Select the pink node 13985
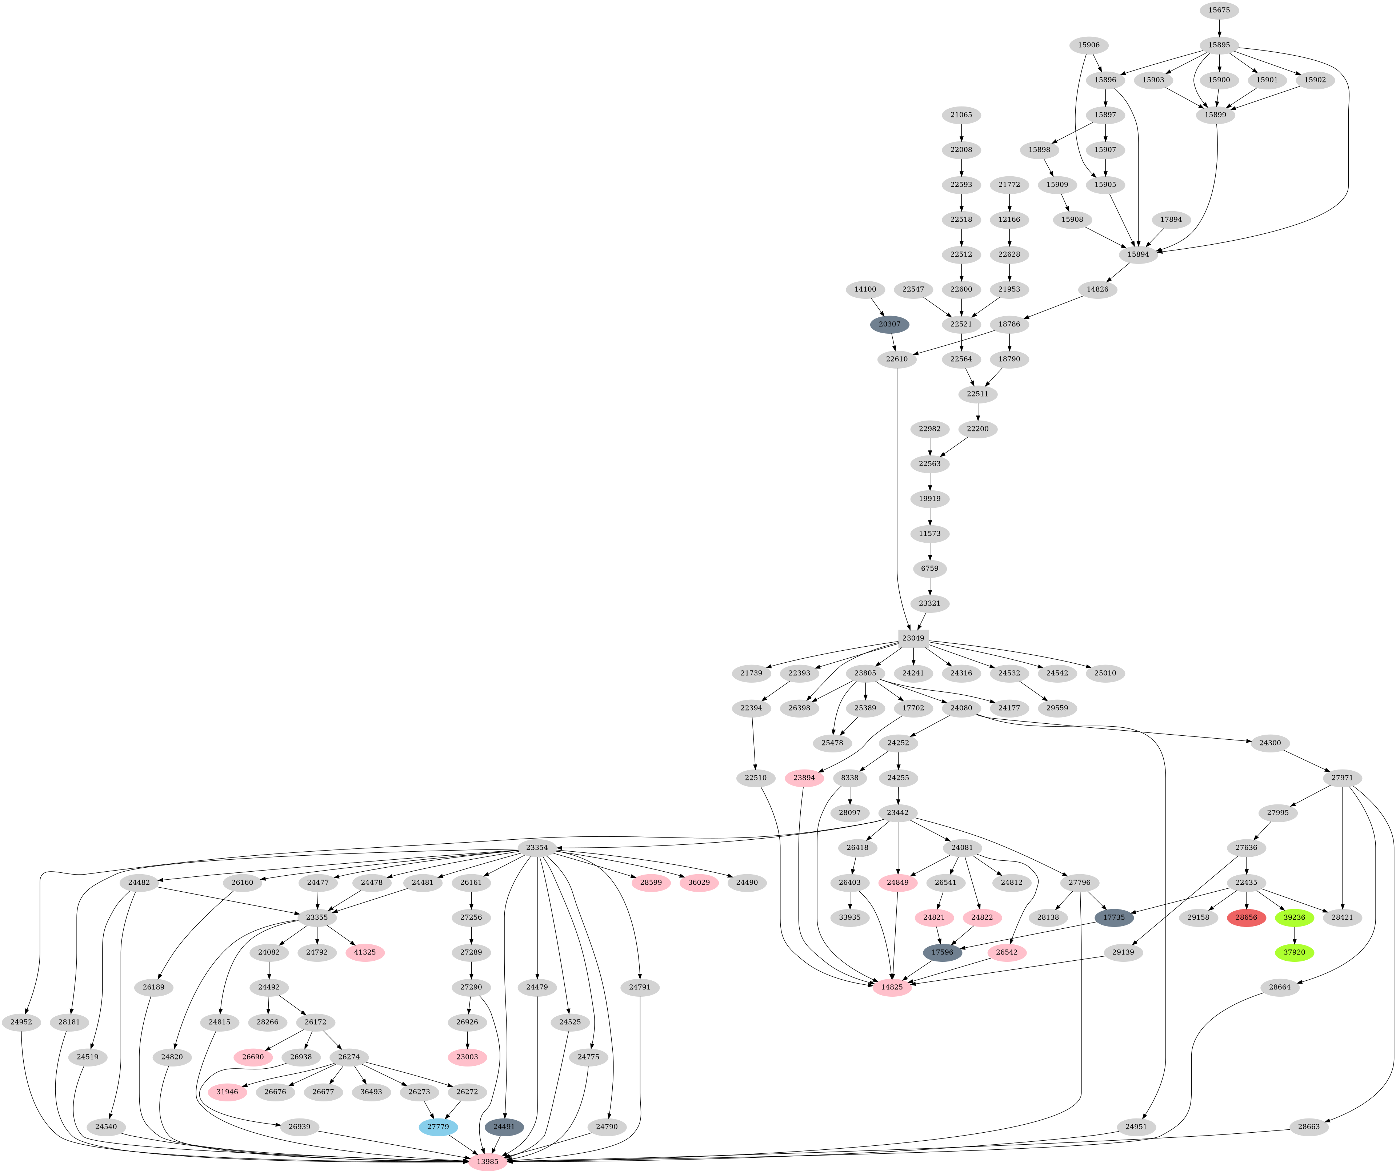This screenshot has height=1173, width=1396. (488, 1162)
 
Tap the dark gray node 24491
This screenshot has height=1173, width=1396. (504, 1127)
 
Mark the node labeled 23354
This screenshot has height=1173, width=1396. (537, 848)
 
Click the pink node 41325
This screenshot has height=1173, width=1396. (364, 952)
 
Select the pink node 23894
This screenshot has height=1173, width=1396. (804, 778)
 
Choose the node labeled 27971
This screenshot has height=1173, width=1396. (1342, 778)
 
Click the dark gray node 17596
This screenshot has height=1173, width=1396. (942, 952)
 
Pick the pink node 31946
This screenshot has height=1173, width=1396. (227, 1092)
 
